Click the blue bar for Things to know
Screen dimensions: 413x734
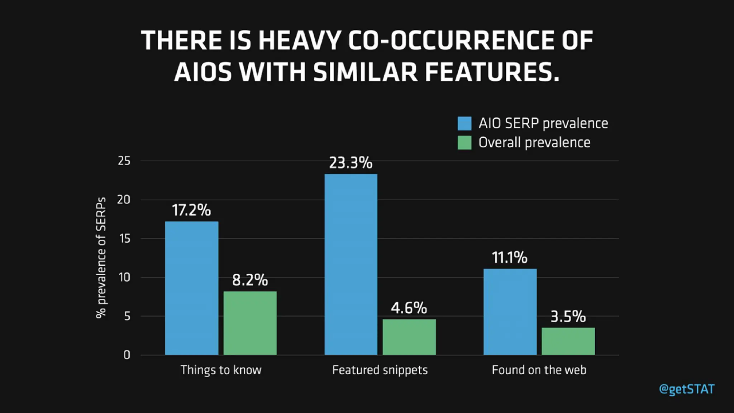(191, 288)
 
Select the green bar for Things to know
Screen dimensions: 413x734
(250, 323)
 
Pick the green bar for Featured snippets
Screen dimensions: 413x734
(409, 337)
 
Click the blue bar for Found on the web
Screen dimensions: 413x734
(510, 312)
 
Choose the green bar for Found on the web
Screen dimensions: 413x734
(568, 341)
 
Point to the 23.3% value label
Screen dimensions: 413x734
(351, 163)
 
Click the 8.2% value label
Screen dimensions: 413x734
(250, 280)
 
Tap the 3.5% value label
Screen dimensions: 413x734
(568, 317)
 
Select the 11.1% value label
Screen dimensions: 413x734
(509, 257)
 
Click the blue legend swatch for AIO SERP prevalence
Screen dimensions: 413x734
(464, 123)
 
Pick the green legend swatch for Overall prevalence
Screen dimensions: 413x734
(464, 143)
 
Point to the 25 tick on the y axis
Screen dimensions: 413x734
(124, 161)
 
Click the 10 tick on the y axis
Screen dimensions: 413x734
(124, 277)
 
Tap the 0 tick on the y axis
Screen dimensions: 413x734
(127, 355)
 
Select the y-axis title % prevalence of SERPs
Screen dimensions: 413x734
(101, 257)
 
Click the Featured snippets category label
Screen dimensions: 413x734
(380, 370)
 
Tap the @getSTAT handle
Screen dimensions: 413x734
(687, 389)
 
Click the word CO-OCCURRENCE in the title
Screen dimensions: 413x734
(451, 40)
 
